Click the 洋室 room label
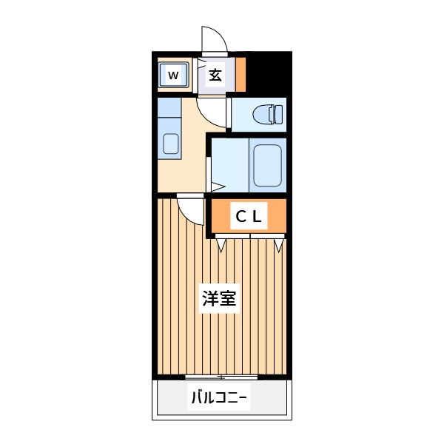(x=219, y=298)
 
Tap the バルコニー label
(x=219, y=397)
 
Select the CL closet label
(x=249, y=217)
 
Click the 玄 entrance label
(x=215, y=75)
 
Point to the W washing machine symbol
(x=173, y=75)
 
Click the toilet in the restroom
(x=268, y=115)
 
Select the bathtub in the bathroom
(x=268, y=165)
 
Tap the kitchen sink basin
(x=171, y=144)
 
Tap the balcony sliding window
(x=221, y=377)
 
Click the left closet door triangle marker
(x=221, y=245)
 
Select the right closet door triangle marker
(x=279, y=245)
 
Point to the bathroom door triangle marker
(x=218, y=187)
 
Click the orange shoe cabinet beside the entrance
(x=240, y=75)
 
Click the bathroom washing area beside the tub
(x=230, y=165)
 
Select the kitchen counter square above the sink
(x=169, y=107)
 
